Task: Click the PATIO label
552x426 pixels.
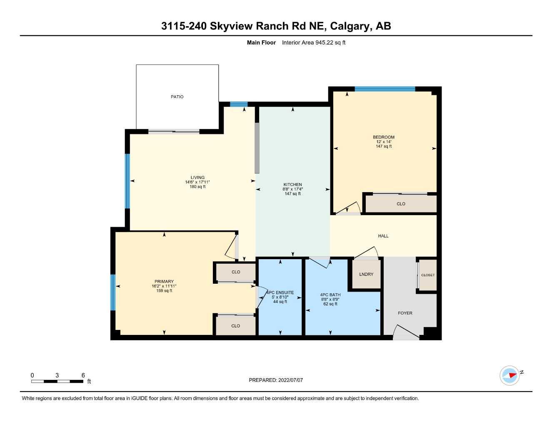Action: point(177,97)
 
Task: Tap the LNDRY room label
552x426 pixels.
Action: point(366,274)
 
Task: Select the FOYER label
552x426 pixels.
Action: point(405,313)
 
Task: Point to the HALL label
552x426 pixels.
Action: point(383,236)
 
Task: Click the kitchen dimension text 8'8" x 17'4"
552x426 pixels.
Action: point(292,189)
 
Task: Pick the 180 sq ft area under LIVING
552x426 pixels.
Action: point(197,187)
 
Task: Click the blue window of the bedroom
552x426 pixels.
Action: point(385,89)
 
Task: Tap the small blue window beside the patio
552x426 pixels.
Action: point(239,104)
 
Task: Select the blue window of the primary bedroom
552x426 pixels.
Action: point(113,292)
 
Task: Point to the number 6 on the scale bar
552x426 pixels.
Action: point(83,375)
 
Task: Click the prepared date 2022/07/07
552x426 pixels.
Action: point(291,380)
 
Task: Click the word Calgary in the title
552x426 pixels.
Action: point(349,26)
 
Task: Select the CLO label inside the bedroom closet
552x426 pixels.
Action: point(401,204)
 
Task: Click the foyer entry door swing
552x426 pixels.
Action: point(406,332)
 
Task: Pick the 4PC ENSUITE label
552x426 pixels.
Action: point(280,292)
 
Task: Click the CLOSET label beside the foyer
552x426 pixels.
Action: point(428,275)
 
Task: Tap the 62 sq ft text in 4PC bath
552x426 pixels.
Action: point(330,304)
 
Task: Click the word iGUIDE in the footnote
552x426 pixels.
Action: point(140,399)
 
